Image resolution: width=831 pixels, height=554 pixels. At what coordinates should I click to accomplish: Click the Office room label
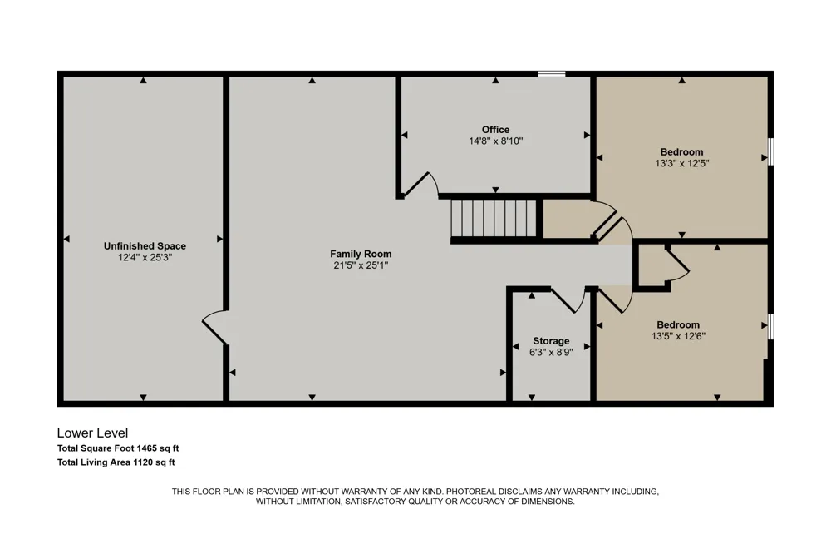click(495, 130)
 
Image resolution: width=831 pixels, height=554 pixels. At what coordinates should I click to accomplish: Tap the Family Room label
click(361, 255)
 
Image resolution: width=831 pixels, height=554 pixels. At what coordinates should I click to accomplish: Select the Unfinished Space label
click(145, 246)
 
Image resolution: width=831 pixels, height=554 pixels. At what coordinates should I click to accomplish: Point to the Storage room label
click(551, 341)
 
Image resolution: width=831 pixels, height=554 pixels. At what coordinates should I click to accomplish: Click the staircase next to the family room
click(494, 219)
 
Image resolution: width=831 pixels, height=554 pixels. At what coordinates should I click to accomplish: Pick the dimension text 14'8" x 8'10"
click(495, 141)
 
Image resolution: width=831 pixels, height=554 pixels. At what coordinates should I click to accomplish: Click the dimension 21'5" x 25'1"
click(361, 265)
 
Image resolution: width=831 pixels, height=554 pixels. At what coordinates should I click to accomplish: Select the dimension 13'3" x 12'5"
click(682, 163)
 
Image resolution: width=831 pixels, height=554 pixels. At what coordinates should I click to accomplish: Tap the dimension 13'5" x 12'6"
click(678, 336)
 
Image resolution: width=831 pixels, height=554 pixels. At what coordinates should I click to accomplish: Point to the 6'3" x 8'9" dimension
click(551, 353)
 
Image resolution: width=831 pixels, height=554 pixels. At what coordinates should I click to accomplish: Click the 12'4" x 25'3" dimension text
click(145, 258)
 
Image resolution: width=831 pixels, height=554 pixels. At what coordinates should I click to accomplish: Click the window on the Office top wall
click(552, 74)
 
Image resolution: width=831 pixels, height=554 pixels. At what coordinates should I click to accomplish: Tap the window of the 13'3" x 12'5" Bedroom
click(771, 151)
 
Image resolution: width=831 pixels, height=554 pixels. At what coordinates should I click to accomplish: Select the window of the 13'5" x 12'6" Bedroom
click(771, 326)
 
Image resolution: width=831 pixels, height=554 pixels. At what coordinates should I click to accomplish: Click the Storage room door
click(567, 299)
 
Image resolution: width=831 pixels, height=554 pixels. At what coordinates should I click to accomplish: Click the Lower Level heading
click(93, 433)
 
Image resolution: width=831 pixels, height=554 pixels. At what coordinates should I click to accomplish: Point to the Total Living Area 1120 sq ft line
click(116, 462)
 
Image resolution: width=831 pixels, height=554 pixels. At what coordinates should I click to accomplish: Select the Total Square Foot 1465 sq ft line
click(118, 448)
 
